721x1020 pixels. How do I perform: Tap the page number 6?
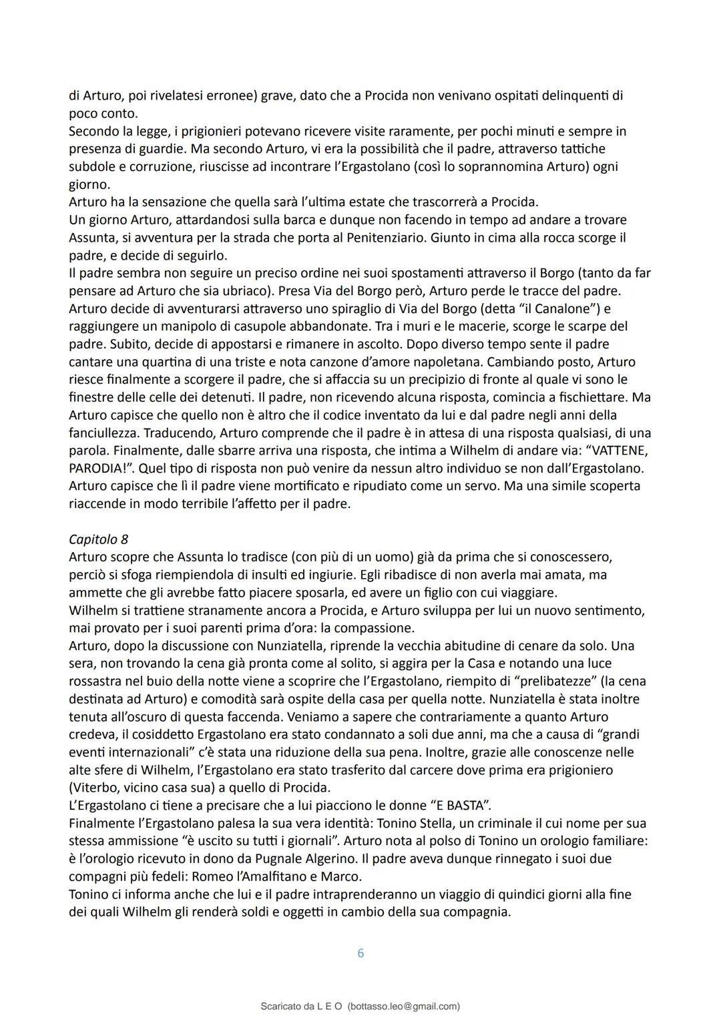360,953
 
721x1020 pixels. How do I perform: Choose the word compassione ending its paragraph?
373,627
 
